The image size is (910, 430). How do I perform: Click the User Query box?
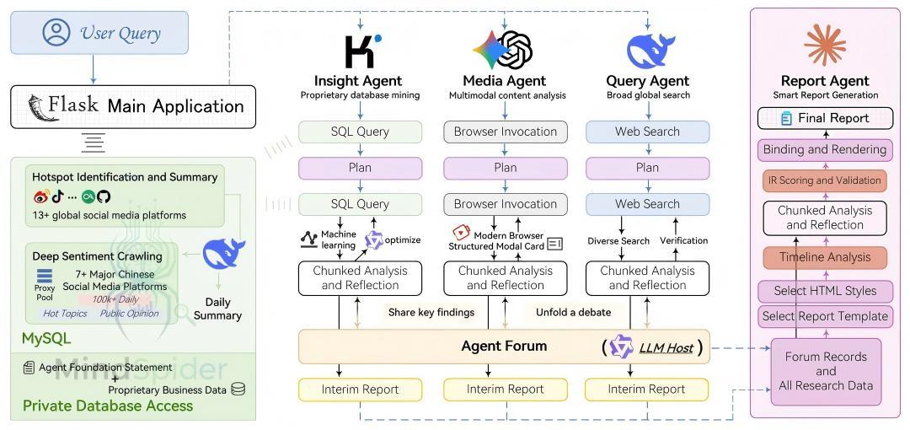(99, 33)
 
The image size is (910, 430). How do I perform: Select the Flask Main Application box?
(133, 106)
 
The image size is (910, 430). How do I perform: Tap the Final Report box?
(825, 118)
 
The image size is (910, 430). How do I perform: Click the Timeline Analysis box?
(825, 258)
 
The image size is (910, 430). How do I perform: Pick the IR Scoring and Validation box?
(825, 180)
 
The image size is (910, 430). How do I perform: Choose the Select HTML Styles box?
(825, 291)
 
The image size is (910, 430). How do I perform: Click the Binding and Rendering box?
(825, 149)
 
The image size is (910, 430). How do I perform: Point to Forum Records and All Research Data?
(826, 371)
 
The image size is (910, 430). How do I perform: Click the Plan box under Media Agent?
(506, 168)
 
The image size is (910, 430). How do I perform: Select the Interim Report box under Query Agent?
(647, 390)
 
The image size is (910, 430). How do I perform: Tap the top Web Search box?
(647, 132)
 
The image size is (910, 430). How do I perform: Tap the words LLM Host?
(666, 347)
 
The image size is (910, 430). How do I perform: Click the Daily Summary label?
(217, 309)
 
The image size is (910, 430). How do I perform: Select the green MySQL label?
(46, 338)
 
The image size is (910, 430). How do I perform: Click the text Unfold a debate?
(574, 312)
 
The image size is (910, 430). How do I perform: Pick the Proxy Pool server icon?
(45, 276)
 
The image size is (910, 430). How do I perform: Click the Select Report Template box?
(825, 316)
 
